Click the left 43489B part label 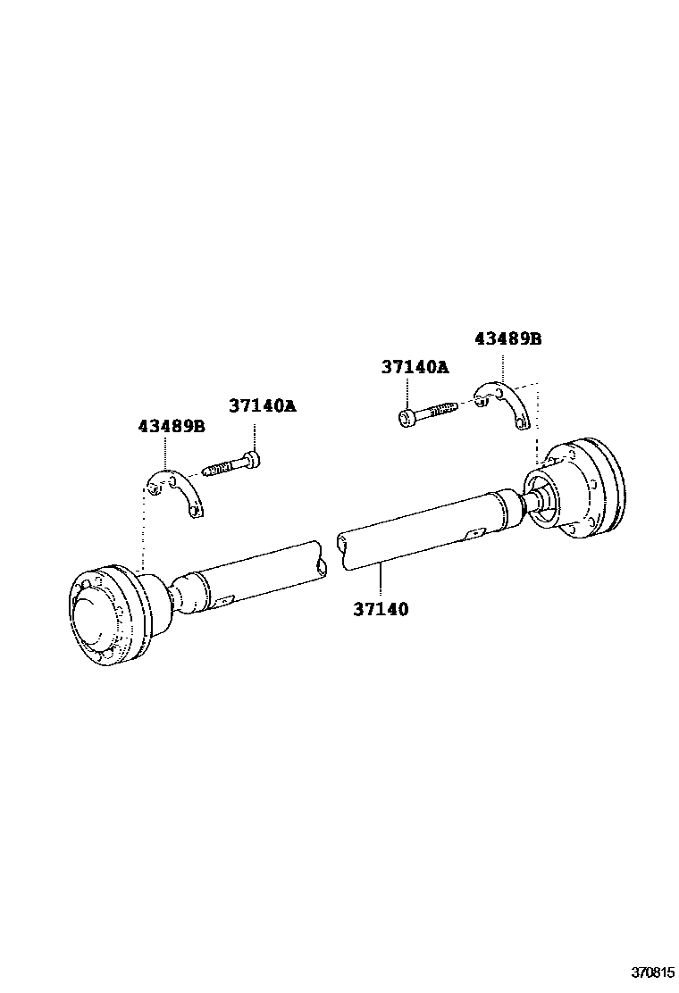pos(171,427)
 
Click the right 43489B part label pos(507,339)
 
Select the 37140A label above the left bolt pos(262,405)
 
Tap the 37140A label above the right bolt pos(415,366)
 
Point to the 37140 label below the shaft pos(381,609)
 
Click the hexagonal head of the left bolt pos(256,461)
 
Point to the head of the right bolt pos(406,416)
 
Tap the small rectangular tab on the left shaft pos(225,599)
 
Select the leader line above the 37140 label pos(381,581)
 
